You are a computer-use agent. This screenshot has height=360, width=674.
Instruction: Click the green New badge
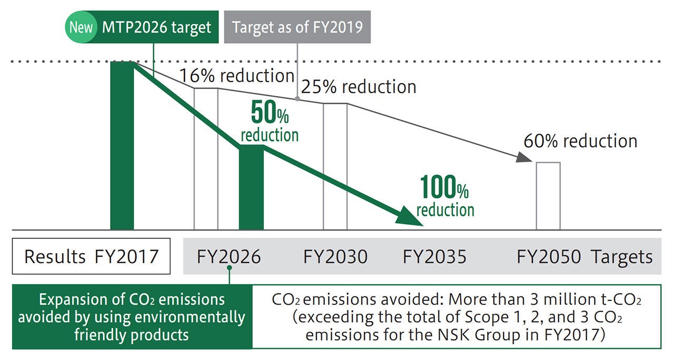81,27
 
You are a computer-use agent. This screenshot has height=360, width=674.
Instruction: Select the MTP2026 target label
157,27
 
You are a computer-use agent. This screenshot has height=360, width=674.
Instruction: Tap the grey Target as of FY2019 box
298,27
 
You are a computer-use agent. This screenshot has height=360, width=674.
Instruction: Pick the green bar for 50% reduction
251,187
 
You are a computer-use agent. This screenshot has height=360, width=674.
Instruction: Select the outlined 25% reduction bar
335,166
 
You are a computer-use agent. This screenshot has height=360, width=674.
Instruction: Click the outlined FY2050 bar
548,196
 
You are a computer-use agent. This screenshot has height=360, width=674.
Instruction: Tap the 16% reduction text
237,76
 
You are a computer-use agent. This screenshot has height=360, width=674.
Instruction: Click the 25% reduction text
359,86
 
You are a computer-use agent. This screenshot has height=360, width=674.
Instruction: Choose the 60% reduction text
580,141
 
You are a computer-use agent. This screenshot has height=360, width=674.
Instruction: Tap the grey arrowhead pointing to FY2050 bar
522,157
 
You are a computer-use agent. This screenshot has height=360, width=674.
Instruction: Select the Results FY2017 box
91,256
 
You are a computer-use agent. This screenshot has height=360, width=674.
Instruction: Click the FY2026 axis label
229,257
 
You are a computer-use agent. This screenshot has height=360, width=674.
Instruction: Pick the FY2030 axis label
335,257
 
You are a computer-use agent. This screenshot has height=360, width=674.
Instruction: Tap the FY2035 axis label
434,257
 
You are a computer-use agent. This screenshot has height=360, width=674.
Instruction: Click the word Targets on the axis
621,257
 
